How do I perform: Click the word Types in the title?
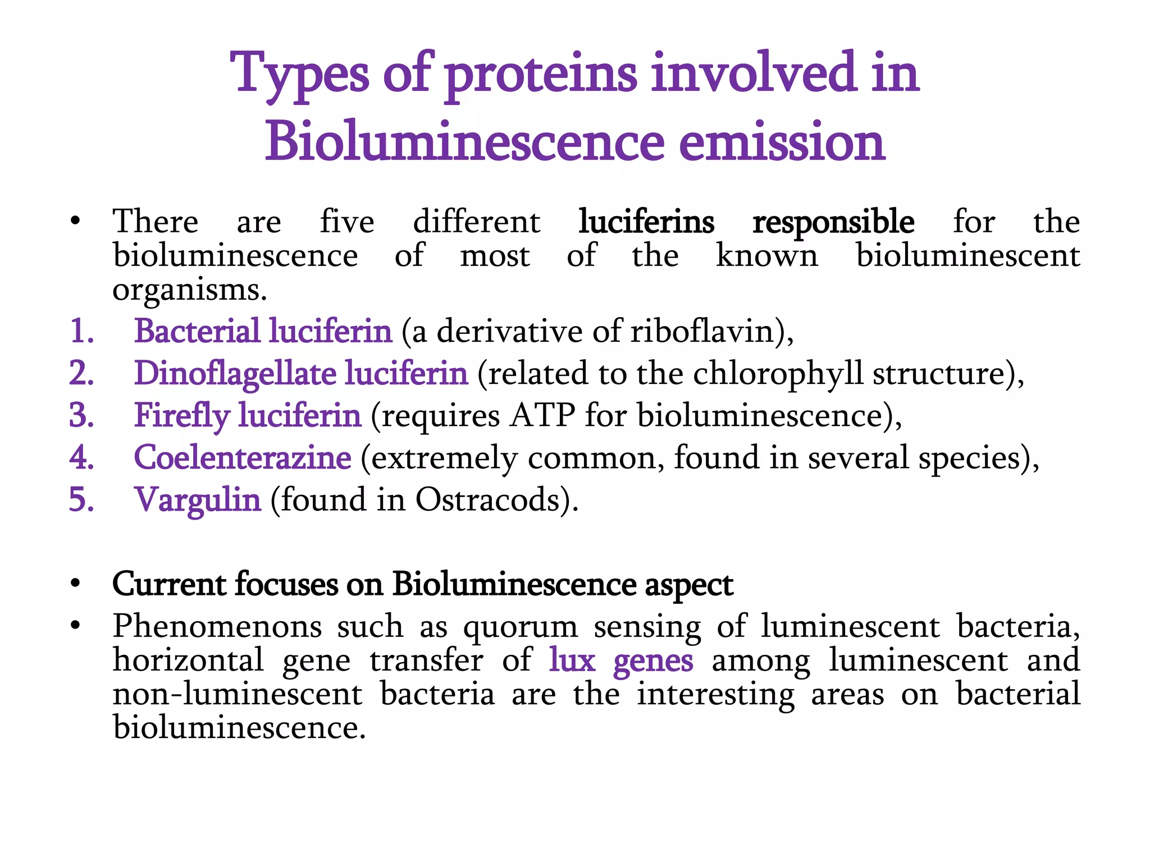pyautogui.click(x=300, y=74)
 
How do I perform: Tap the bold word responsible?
pyautogui.click(x=833, y=222)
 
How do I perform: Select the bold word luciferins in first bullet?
pyautogui.click(x=646, y=222)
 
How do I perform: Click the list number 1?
pyautogui.click(x=81, y=331)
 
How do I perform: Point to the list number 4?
pyautogui.click(x=81, y=457)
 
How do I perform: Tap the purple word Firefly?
pyautogui.click(x=182, y=416)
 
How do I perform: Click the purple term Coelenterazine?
pyautogui.click(x=243, y=458)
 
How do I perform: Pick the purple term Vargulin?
pyautogui.click(x=198, y=500)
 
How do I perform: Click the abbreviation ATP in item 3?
pyautogui.click(x=542, y=416)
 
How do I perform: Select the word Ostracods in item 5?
pyautogui.click(x=487, y=500)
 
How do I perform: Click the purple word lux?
pyautogui.click(x=572, y=661)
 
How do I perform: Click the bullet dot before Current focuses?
pyautogui.click(x=75, y=584)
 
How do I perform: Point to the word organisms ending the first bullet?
pyautogui.click(x=189, y=291)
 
